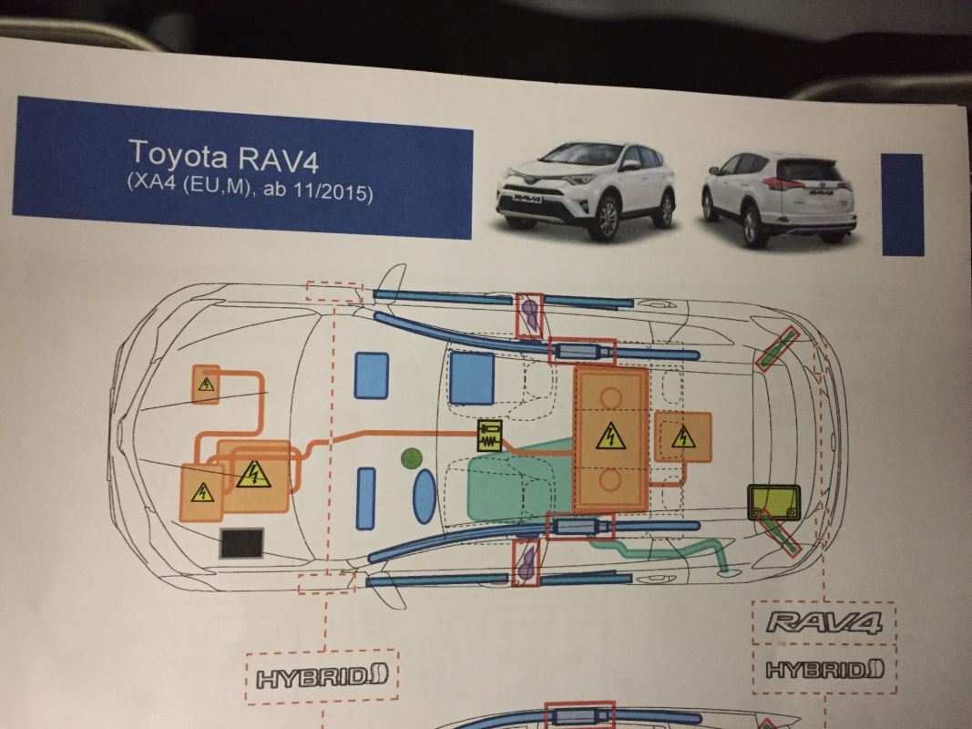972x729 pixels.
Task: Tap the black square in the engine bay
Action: [242, 543]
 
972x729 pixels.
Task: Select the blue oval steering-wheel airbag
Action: [424, 497]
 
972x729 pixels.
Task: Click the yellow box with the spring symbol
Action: [491, 436]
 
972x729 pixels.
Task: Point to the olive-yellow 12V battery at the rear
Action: [773, 502]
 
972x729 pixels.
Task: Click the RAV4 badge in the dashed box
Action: [824, 624]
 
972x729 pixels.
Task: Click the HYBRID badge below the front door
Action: [322, 675]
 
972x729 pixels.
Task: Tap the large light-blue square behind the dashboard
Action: [472, 377]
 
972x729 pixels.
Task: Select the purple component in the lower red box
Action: [527, 564]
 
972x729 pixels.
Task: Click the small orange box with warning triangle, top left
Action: [207, 385]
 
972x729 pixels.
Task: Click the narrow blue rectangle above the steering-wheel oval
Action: [366, 498]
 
